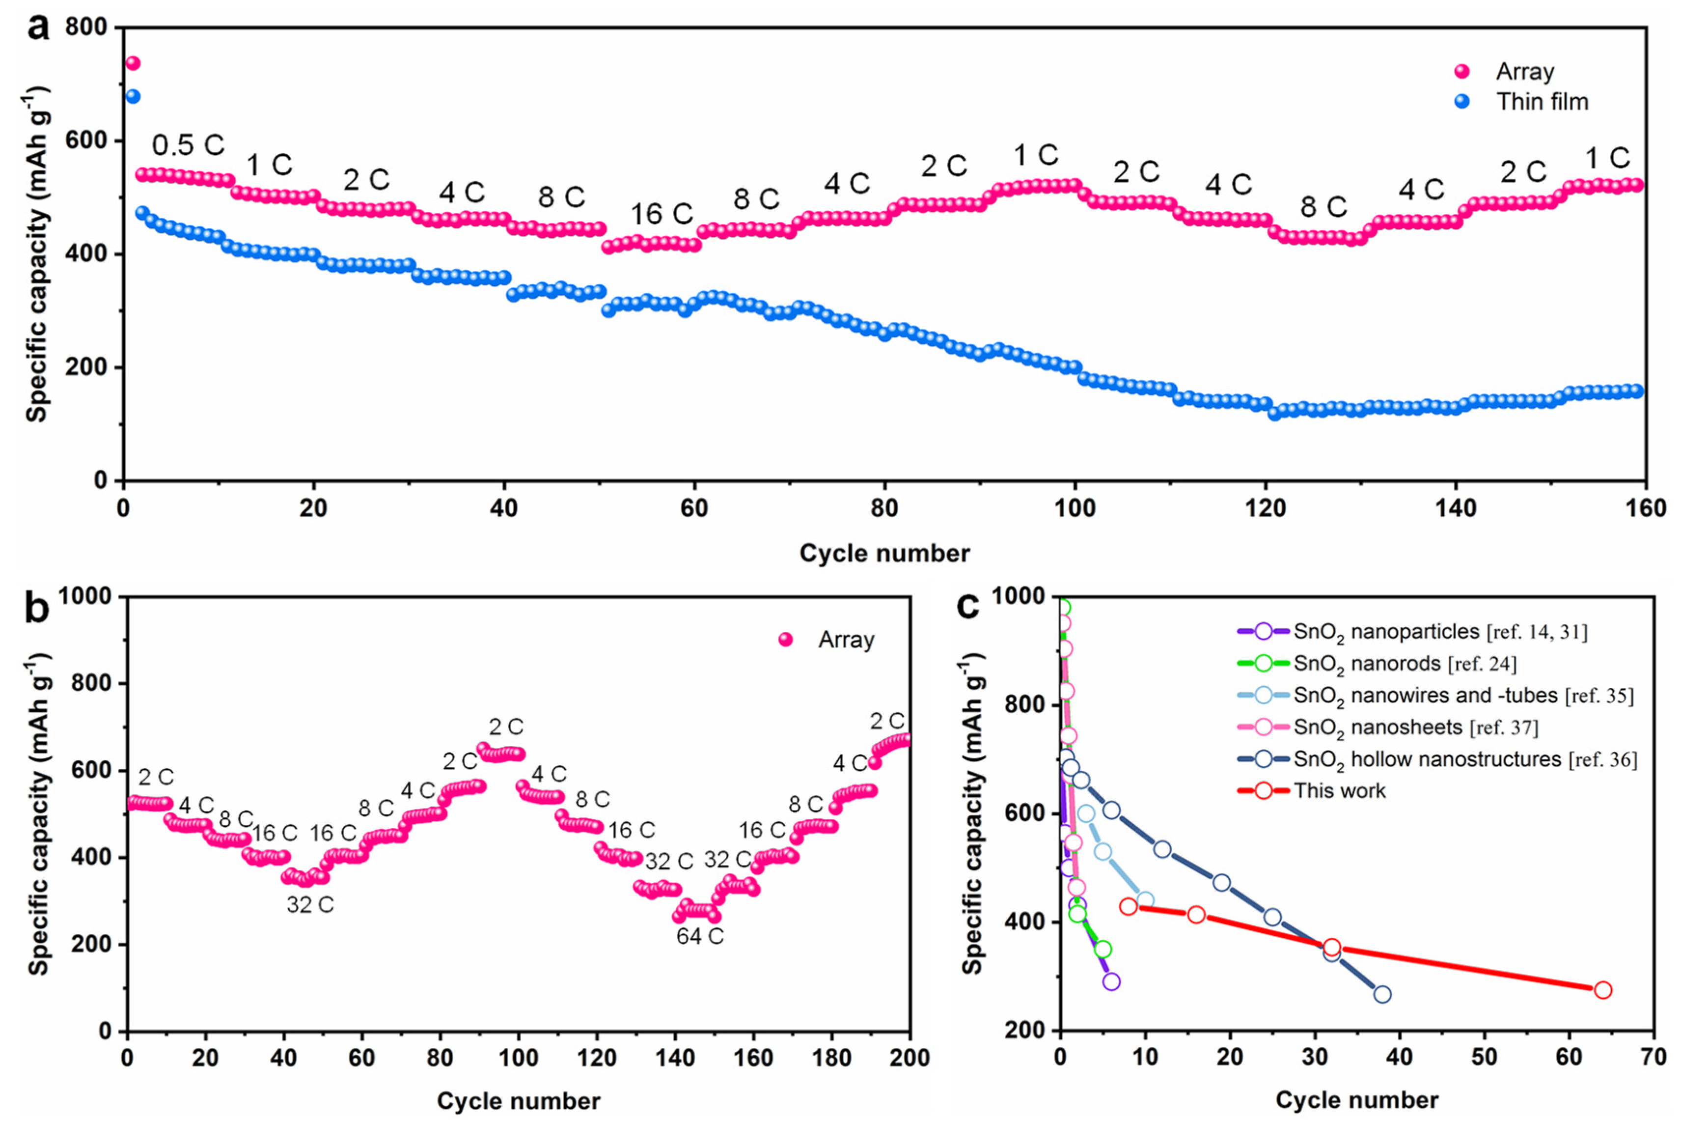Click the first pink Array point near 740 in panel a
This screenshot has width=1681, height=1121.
[133, 63]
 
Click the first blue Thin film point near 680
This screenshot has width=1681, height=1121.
[133, 96]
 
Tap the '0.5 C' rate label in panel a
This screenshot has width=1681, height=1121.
[188, 146]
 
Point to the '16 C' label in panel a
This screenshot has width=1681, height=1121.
[661, 214]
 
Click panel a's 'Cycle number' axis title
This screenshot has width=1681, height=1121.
[884, 553]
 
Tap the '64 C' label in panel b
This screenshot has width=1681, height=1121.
[700, 936]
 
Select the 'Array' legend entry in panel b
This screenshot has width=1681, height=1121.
[846, 639]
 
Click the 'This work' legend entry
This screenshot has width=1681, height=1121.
[1339, 791]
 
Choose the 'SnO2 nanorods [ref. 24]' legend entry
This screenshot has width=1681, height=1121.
[1405, 664]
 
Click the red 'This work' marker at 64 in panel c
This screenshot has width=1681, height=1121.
[1603, 990]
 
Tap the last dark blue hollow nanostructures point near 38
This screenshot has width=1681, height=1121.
[1382, 994]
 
